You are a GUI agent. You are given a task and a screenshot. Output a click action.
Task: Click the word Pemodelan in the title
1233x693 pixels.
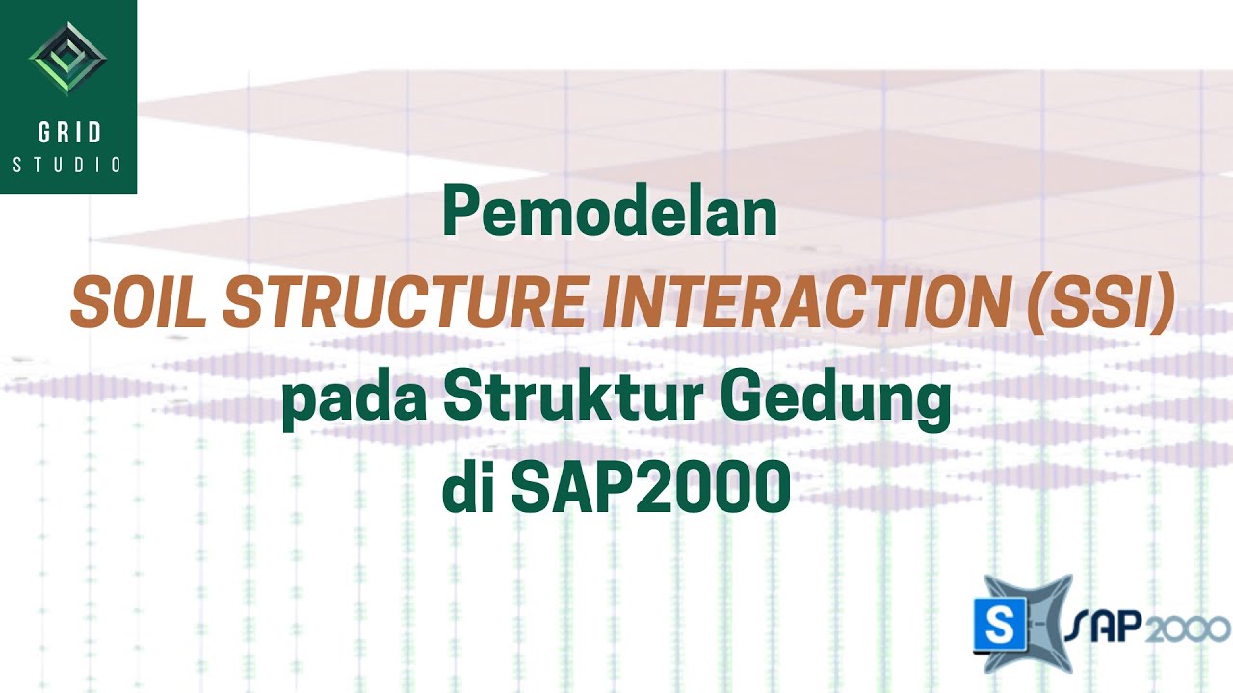pos(610,214)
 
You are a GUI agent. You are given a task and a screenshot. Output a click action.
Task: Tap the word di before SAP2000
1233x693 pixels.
pos(467,489)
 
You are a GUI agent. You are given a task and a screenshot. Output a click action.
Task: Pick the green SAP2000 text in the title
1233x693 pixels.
pos(650,490)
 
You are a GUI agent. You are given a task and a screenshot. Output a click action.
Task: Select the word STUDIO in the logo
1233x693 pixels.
pos(67,165)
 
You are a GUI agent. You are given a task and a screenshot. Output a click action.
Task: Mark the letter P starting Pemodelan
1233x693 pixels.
pos(460,214)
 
